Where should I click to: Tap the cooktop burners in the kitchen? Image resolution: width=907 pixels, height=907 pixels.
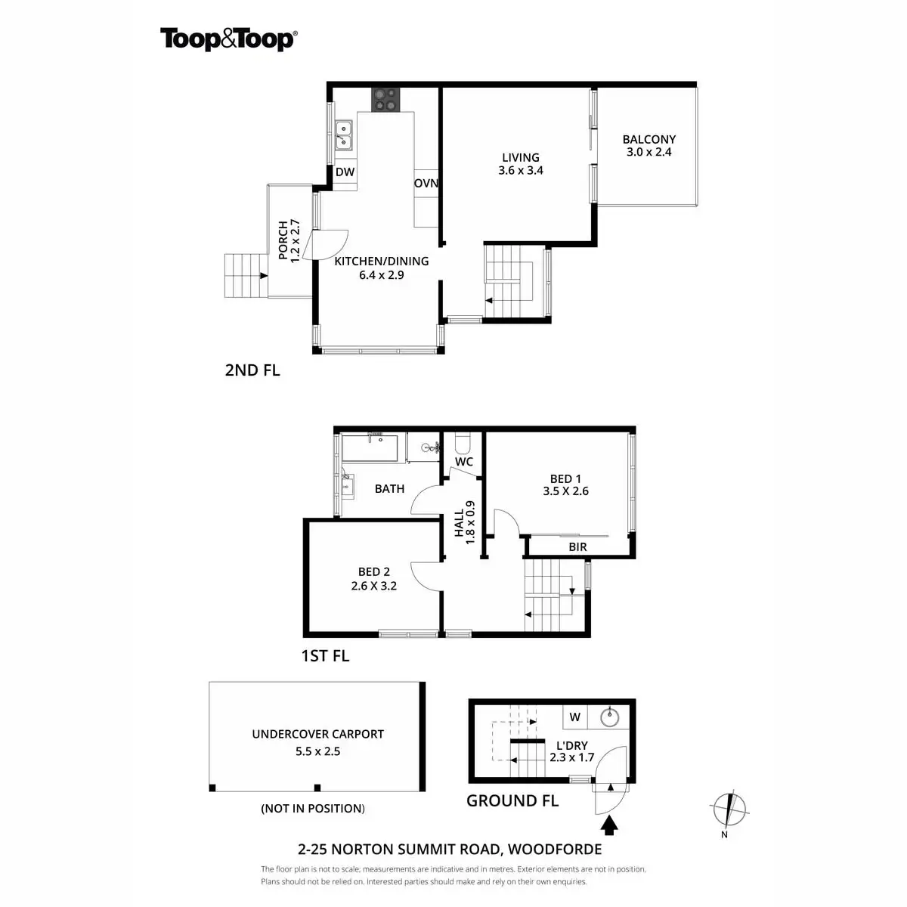[384, 100]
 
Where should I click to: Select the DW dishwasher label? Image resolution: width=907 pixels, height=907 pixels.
[345, 172]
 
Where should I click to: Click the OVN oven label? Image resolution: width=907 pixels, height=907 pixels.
[426, 184]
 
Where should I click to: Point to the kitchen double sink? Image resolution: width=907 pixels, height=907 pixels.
[344, 134]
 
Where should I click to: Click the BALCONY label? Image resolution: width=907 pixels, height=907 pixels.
[649, 139]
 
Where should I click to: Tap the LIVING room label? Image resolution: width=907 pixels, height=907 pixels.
[521, 158]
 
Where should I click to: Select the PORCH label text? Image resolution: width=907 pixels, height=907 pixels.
[283, 240]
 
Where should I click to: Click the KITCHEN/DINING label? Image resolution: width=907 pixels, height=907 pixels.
[382, 261]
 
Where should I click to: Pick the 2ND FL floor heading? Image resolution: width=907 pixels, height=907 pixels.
[252, 370]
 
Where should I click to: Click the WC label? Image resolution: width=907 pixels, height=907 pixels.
[464, 462]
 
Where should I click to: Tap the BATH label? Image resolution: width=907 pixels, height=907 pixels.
[389, 489]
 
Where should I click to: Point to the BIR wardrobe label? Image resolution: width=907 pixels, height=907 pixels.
[577, 546]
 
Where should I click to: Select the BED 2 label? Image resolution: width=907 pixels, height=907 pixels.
[374, 572]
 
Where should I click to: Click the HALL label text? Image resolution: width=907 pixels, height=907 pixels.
[460, 522]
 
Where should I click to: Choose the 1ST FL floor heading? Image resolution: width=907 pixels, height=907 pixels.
[325, 655]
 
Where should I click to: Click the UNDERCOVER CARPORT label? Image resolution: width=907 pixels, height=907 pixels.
[317, 734]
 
